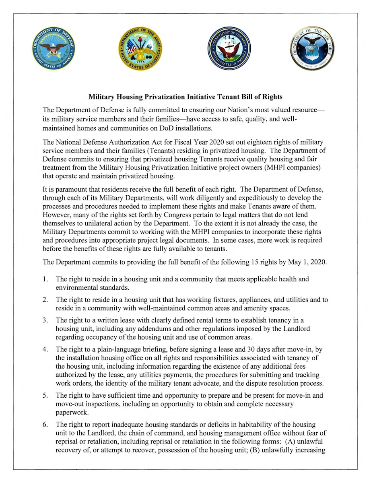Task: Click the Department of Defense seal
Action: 54,50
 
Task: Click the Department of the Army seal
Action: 140,50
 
